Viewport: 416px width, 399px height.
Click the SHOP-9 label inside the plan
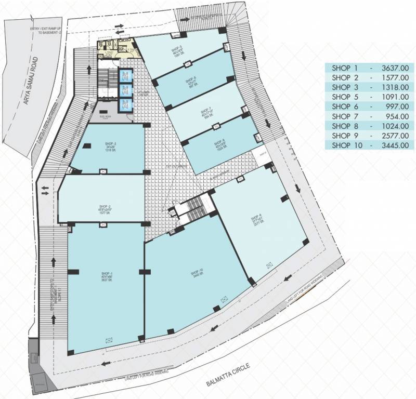click(x=255, y=218)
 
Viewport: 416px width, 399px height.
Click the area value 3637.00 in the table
click(x=395, y=68)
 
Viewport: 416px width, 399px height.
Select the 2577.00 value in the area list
click(x=395, y=136)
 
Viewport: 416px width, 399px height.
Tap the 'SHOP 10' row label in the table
click(x=346, y=145)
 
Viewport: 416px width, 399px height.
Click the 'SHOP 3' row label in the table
click(x=345, y=87)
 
